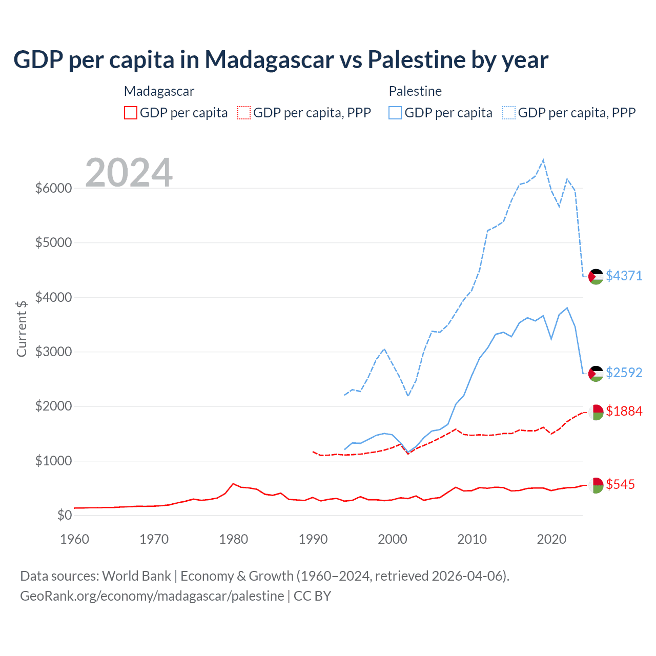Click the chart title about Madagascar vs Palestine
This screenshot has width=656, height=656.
point(281,60)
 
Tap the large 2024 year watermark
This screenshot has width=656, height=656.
point(129,173)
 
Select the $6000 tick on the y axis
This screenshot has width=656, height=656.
point(53,188)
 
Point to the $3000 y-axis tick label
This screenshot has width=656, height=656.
point(53,352)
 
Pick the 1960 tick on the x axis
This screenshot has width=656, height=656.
point(75,539)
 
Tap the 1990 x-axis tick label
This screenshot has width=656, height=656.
point(313,539)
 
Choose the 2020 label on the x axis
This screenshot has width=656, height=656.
point(551,539)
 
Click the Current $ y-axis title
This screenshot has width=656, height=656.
point(22,329)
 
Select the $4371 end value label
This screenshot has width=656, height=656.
point(624,276)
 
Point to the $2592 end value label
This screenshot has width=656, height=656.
point(624,373)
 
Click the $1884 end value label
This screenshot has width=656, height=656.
point(624,411)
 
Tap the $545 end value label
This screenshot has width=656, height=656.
point(620,484)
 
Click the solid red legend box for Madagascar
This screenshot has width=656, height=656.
point(131,113)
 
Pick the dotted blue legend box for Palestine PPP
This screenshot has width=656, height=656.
point(509,113)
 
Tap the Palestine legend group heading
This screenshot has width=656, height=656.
point(415,91)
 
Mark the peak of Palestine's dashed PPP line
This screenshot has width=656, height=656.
point(543,160)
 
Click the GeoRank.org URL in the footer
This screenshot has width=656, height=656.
point(152,596)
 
